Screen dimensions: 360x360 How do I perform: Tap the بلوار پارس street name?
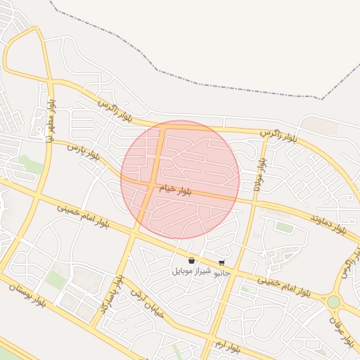point(84,151)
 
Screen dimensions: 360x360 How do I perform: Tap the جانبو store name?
point(222,272)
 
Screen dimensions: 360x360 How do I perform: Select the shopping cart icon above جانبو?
point(221,263)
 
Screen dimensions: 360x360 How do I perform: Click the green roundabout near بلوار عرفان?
point(333,302)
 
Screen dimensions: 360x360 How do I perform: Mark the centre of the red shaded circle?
point(181,179)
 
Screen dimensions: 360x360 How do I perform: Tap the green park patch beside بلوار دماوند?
point(283,227)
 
